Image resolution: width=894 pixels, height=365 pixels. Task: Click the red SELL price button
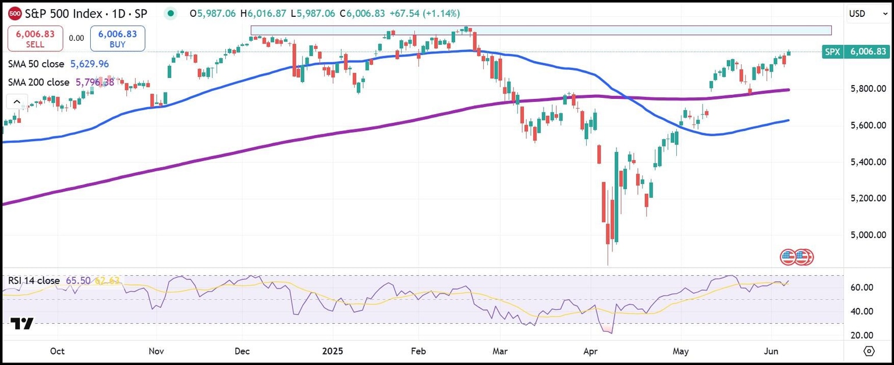pos(34,38)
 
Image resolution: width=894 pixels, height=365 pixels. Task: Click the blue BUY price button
pos(118,38)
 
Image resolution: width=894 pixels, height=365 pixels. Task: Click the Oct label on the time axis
pos(57,352)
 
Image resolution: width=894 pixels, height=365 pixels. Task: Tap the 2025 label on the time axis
pos(333,352)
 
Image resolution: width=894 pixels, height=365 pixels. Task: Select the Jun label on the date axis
pos(772,352)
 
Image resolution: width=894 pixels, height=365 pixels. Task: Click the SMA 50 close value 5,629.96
pos(90,64)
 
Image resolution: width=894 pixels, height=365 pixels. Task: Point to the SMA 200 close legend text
pos(38,83)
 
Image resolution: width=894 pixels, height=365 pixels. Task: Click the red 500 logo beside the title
pos(16,13)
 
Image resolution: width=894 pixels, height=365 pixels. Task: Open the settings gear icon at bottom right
pos(869,351)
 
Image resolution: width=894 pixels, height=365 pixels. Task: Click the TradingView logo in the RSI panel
pos(23,324)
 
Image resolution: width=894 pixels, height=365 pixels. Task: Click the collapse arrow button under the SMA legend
pos(16,102)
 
